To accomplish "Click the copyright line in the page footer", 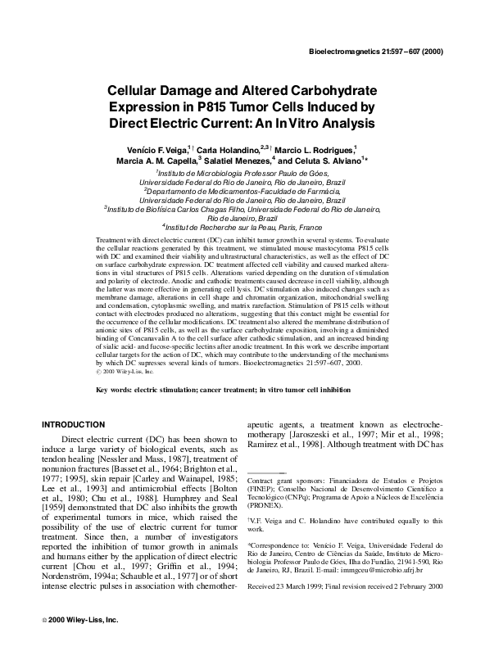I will click(x=79, y=620).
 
